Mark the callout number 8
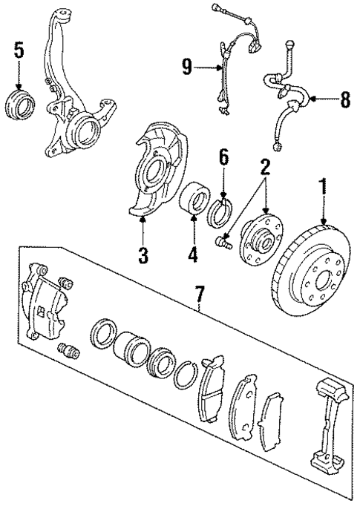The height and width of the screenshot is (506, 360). point(344,99)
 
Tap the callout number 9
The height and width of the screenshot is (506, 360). point(189,69)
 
